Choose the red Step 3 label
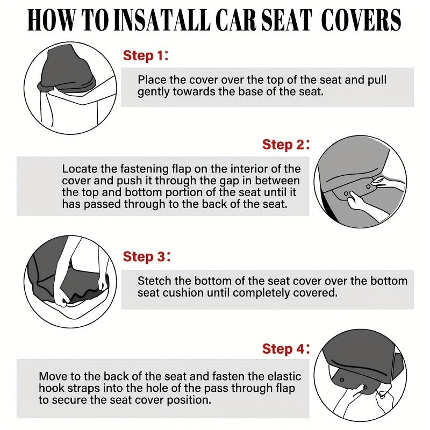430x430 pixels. pyautogui.click(x=144, y=257)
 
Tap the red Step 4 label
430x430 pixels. pyautogui.click(x=283, y=349)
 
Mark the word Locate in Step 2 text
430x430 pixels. pyautogui.click(x=78, y=169)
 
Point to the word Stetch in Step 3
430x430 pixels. pyautogui.click(x=154, y=281)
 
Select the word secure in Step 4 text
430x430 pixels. pyautogui.click(x=74, y=400)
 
